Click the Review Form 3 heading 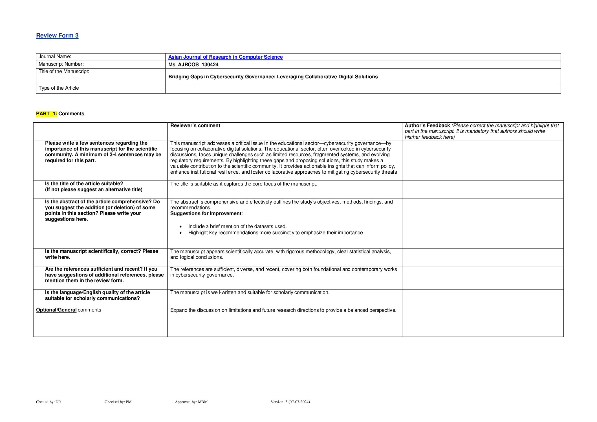57,36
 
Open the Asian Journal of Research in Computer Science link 225,57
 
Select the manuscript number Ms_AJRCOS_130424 193,65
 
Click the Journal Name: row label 55,57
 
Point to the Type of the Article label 59,88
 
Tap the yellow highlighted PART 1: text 47,114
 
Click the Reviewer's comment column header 195,125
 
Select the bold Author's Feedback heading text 427,125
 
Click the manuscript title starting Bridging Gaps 273,77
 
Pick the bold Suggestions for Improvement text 206,213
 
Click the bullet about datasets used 237,226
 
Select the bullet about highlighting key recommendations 276,233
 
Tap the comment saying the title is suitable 244,184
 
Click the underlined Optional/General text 56,310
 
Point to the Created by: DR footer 49,402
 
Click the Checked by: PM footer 118,402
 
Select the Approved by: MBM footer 191,402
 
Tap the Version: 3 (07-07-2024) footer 290,402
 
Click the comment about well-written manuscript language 250,292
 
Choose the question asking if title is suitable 84,184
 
